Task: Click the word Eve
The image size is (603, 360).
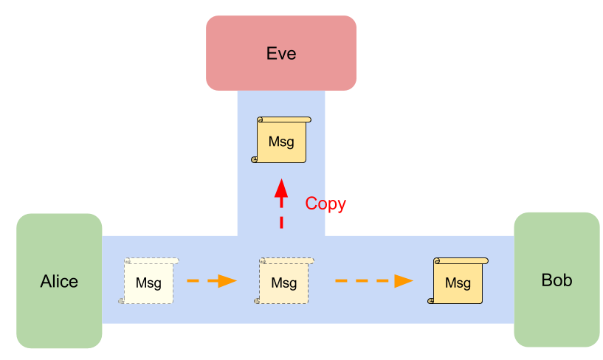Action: (x=280, y=54)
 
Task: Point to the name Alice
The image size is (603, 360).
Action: (x=59, y=282)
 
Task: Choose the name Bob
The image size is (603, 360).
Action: (x=557, y=280)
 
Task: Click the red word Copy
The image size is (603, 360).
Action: (x=325, y=204)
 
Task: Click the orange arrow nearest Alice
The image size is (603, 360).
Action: (x=211, y=280)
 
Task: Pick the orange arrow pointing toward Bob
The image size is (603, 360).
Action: (x=373, y=280)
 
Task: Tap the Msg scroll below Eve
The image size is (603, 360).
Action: (x=281, y=140)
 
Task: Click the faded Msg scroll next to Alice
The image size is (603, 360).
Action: (x=149, y=281)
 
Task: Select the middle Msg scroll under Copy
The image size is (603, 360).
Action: (x=284, y=281)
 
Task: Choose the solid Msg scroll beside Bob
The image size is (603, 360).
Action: (x=458, y=281)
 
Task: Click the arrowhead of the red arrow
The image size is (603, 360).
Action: (x=281, y=187)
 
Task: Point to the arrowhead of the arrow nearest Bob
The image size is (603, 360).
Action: (x=403, y=280)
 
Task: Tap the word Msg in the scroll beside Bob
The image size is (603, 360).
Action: (x=458, y=283)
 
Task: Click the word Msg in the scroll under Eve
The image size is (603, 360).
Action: (x=281, y=142)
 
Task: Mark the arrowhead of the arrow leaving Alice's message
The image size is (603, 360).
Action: (x=227, y=280)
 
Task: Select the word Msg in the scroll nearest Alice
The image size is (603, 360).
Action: (x=149, y=283)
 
